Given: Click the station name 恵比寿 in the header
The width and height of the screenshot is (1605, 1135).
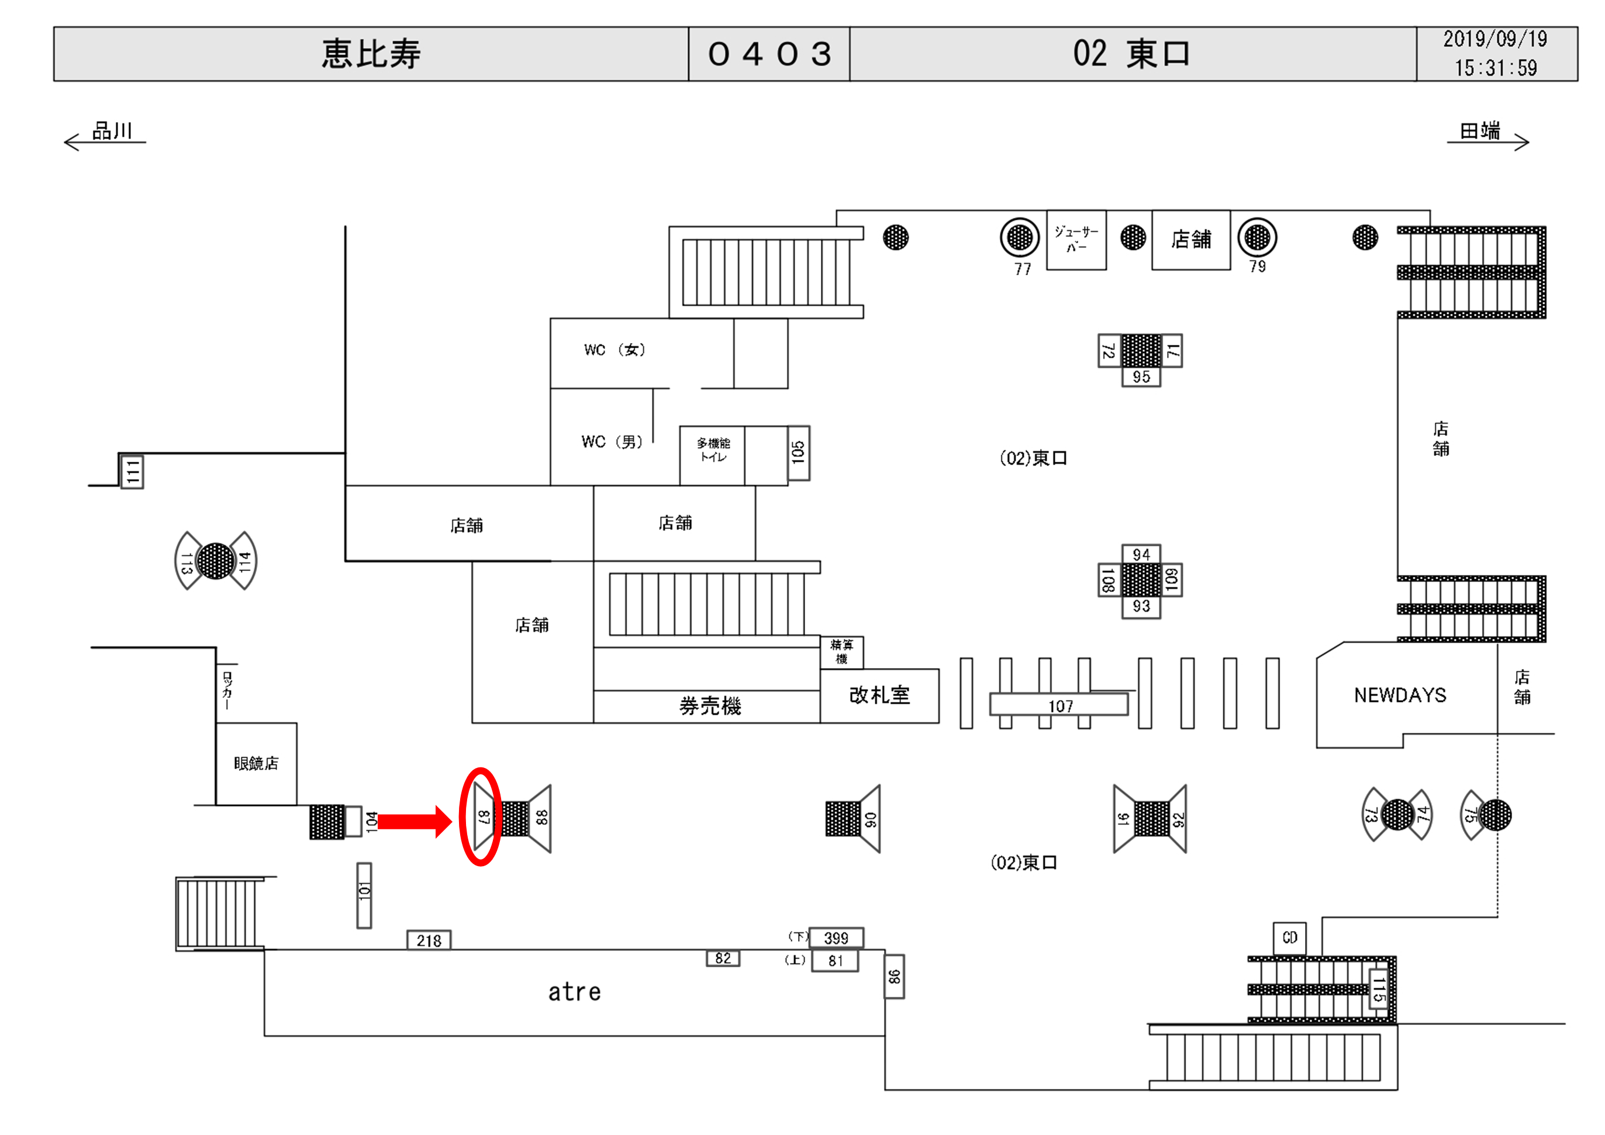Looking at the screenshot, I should coord(371,54).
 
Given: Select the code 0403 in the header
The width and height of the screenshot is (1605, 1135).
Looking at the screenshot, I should coord(769,54).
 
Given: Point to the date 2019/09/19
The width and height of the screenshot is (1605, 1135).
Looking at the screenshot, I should coord(1494,39).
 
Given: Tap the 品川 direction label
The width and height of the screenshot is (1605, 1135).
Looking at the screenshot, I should coord(112,131).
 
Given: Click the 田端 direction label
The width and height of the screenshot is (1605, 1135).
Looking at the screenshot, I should coord(1480,131).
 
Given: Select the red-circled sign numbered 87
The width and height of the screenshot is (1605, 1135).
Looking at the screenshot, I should coord(482,817).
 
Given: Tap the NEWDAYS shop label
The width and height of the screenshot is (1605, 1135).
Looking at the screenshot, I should coord(1400,695).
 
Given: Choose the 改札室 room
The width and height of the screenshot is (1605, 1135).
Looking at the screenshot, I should coord(879,695).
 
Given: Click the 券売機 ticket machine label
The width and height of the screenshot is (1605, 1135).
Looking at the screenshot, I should coord(709,706).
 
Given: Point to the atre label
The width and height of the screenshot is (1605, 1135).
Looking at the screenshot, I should coord(574,992).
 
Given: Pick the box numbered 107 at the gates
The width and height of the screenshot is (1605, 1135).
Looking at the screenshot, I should coord(1059,705).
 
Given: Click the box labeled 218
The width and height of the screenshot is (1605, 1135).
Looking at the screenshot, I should coord(429,940).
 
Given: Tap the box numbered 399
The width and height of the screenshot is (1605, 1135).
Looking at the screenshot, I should coord(836,938).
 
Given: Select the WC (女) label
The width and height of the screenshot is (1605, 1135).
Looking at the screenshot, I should coord(614,350).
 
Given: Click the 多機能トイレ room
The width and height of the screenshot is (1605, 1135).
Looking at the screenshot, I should coord(712,451).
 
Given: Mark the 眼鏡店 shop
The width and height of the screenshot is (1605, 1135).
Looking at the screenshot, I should coord(256,763).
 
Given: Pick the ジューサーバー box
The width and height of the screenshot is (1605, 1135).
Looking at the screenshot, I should coord(1076,239).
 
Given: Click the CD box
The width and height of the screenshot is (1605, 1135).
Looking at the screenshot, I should coord(1289,937).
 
